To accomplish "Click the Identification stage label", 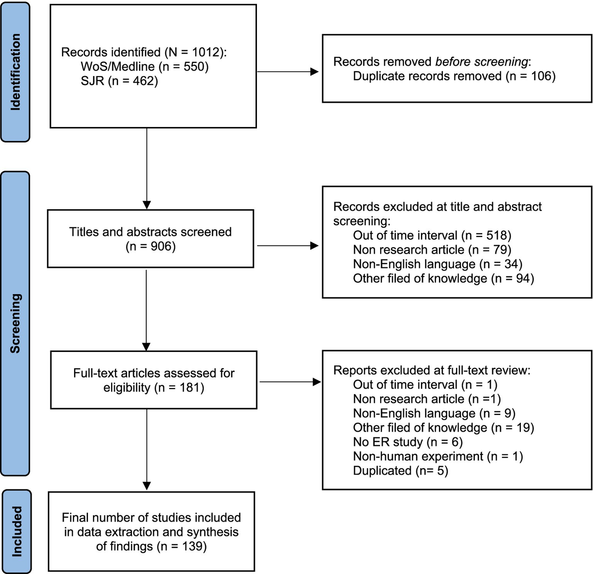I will [15, 72].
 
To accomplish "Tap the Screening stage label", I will [15, 323].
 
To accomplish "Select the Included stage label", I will [16, 531].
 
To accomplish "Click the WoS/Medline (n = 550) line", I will [144, 66].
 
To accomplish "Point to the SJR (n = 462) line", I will [119, 81].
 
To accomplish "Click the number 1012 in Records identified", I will [206, 52].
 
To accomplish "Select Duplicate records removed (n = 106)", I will [454, 76].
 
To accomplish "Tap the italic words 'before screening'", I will [481, 62].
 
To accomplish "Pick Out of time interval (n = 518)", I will [432, 235].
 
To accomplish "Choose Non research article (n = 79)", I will [432, 250].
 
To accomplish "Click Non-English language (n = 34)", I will [437, 264].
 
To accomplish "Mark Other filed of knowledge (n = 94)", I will [443, 278].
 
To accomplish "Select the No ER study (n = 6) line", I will [408, 442].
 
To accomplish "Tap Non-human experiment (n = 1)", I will [437, 456].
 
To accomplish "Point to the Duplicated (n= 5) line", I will [400, 471].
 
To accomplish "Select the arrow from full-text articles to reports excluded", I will [290, 382].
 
